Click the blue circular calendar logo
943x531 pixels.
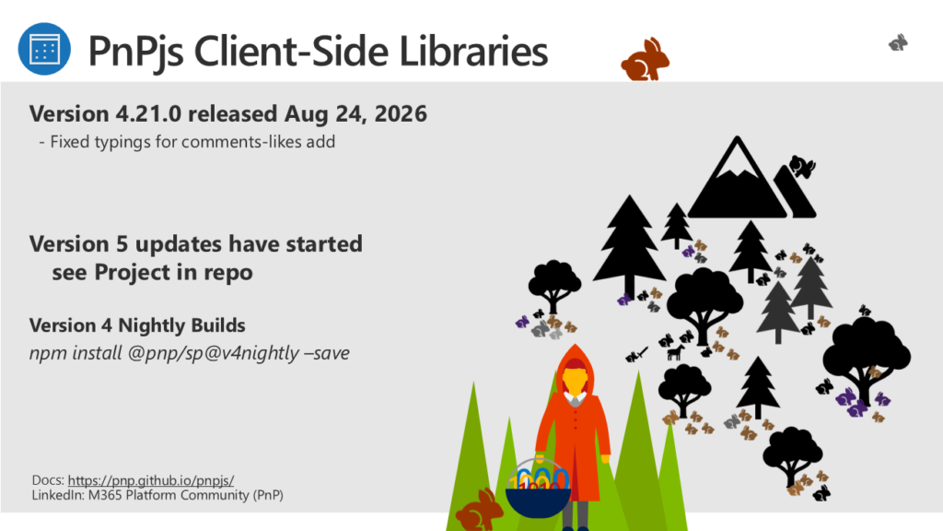coord(44,49)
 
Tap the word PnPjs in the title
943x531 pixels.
coord(136,52)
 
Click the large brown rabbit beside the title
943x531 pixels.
coord(646,59)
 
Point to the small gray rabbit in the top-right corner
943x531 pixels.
coord(899,42)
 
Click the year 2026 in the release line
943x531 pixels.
coord(401,113)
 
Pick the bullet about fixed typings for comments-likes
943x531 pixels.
coord(187,142)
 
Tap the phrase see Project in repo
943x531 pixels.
coord(152,272)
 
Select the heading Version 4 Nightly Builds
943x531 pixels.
coord(137,325)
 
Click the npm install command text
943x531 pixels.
coord(190,353)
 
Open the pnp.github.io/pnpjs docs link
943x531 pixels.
coord(151,480)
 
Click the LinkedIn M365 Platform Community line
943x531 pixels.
coord(157,495)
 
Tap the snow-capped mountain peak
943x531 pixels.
coord(737,178)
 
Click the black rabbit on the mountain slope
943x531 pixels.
coord(802,166)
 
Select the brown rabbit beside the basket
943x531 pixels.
coord(479,511)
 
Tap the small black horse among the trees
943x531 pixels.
coord(676,352)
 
